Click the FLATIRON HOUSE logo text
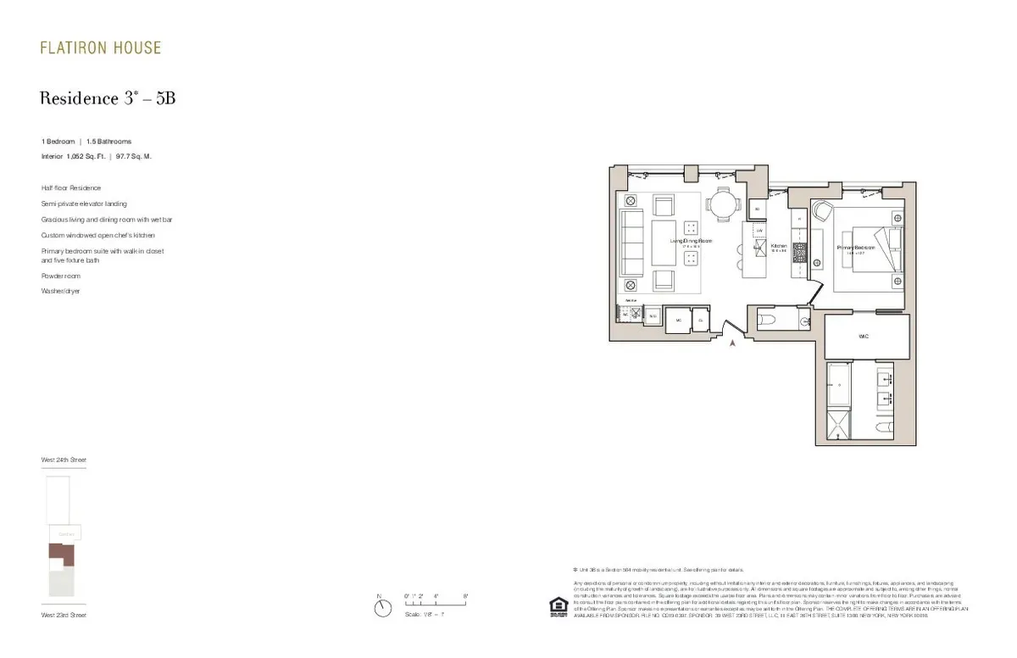100,48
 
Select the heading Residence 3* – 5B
108,98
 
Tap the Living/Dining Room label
692,242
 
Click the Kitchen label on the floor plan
779,248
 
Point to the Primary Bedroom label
855,248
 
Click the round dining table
723,205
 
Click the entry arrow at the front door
733,343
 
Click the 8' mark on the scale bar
465,597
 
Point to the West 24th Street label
64,460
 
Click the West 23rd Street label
64,615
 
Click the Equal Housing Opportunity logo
559,606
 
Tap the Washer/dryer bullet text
61,291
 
